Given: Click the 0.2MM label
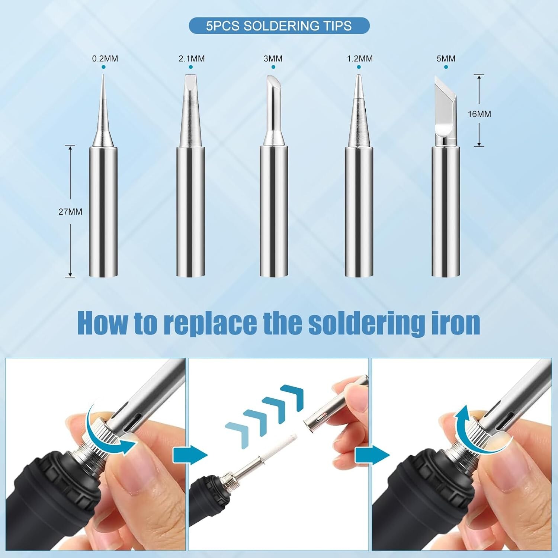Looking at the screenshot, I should point(105,59).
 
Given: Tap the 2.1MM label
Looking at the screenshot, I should point(192,59).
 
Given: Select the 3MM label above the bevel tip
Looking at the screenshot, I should point(273,59).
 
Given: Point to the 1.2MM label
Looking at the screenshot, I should point(359,59).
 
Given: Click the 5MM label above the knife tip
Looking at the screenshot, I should point(446,59).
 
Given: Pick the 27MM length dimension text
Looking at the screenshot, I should point(70,212).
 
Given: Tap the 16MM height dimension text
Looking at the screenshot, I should point(479,114).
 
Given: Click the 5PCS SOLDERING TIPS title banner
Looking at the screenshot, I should point(279,26).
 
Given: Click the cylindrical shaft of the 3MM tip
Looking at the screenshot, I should point(274,212).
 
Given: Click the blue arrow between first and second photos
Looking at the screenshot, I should point(190,455).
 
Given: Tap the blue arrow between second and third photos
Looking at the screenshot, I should point(372,455).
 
